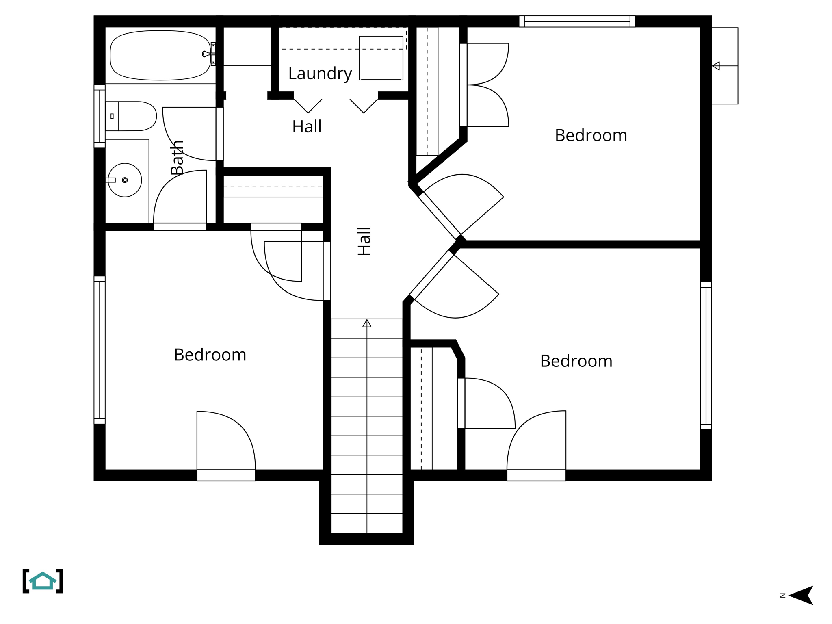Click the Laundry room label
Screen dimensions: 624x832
320,74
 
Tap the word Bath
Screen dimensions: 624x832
177,158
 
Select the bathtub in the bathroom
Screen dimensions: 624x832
160,55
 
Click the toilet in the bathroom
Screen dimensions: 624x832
131,116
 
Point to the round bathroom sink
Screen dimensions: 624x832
125,180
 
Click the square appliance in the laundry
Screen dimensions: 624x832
381,58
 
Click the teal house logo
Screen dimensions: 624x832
43,581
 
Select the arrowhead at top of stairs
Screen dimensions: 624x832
367,323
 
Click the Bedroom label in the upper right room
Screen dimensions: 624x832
591,135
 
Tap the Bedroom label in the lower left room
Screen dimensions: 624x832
210,355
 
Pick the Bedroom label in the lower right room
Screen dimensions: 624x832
576,361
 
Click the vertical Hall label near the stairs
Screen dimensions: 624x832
364,241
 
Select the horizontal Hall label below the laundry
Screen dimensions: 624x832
307,126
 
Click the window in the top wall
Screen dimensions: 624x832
577,21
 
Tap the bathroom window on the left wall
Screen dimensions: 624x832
100,116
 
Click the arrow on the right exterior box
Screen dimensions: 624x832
717,66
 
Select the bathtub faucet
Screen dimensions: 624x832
208,54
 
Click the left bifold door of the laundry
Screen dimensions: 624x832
308,106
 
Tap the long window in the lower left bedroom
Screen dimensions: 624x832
100,350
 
